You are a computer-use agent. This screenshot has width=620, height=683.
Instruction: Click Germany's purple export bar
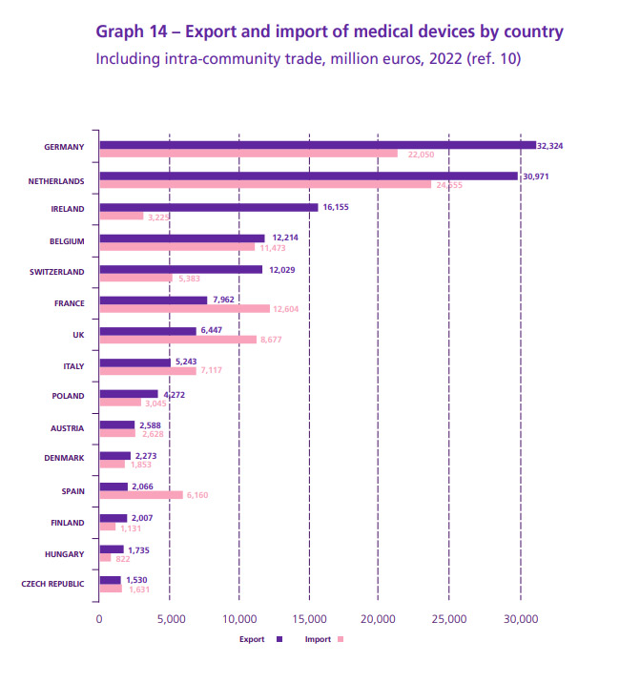(317, 145)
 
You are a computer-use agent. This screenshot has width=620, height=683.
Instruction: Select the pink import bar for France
(185, 308)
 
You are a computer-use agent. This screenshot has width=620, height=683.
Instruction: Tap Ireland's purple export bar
(208, 207)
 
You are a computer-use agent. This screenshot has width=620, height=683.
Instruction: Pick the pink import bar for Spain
(141, 495)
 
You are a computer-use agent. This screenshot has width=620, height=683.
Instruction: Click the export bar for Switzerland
(180, 270)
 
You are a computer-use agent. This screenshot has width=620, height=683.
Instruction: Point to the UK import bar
(178, 340)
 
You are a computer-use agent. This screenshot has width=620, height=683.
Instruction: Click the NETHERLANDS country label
(56, 180)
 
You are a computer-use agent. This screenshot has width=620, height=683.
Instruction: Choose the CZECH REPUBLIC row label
(52, 584)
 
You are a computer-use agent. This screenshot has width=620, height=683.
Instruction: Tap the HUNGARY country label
(65, 553)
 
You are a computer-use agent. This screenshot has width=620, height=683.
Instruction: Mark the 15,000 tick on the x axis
(309, 618)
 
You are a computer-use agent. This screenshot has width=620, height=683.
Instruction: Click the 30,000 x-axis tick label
(520, 618)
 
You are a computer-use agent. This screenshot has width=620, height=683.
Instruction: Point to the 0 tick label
(99, 618)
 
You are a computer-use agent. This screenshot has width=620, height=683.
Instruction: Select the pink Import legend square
(339, 640)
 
